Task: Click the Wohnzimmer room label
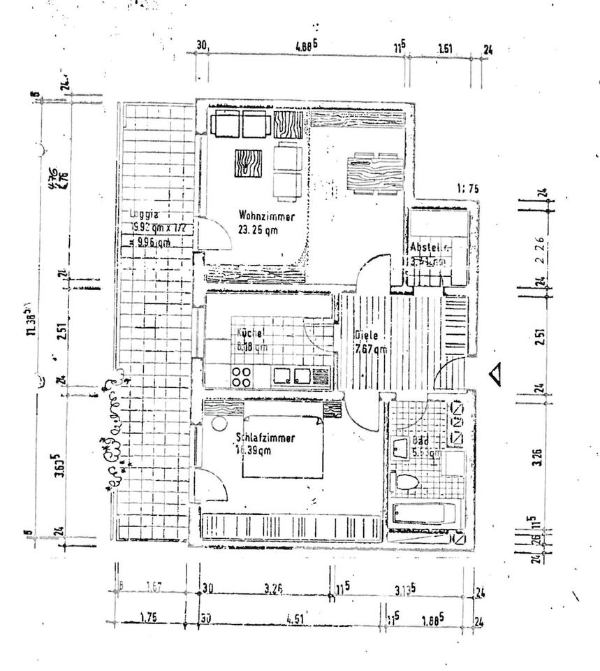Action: pos(265,215)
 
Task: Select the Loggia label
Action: pos(143,214)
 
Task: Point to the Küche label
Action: pos(249,333)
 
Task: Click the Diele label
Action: pos(366,335)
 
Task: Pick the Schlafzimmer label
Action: pos(265,438)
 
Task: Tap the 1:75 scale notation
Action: pos(467,188)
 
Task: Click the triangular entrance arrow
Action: pos(496,375)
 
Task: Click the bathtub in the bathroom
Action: pos(424,514)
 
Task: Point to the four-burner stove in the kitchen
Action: pos(242,377)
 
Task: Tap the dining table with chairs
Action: pos(374,170)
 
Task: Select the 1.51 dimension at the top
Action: pos(446,49)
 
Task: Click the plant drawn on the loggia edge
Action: pos(115,433)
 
